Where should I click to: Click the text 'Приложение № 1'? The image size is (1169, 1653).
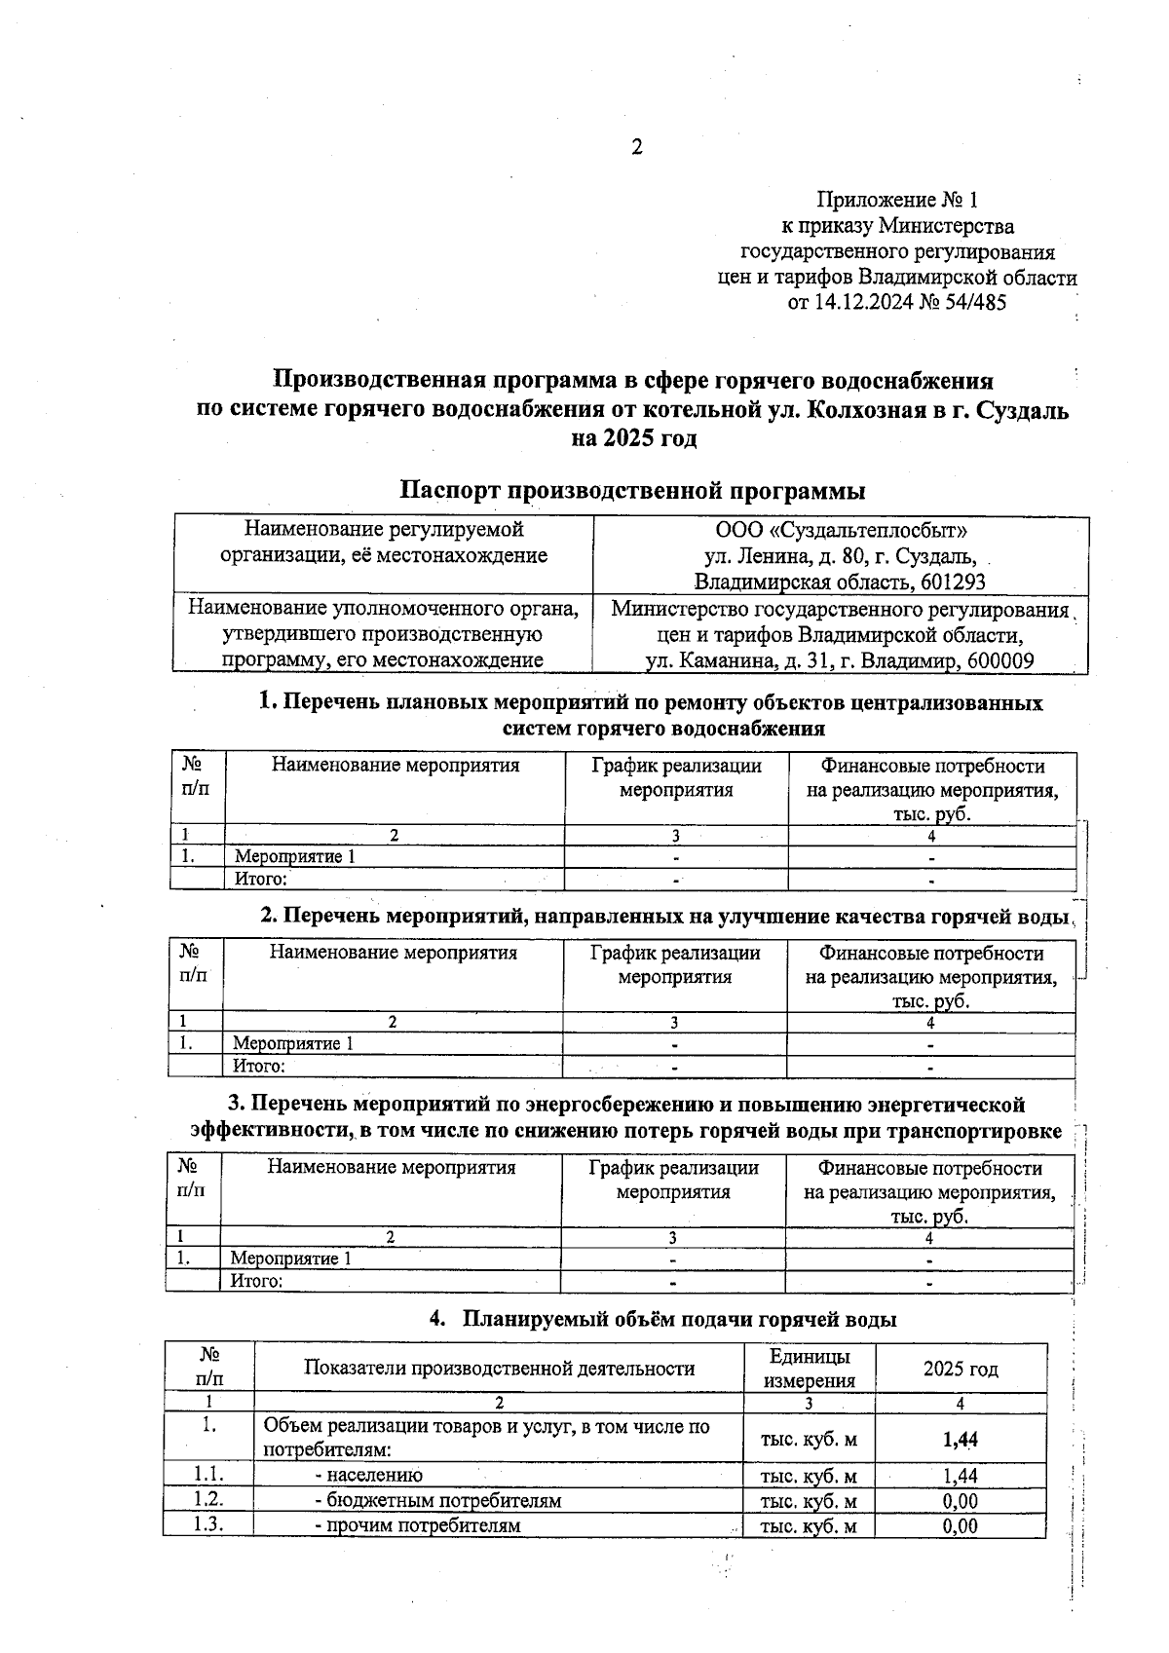coord(896,201)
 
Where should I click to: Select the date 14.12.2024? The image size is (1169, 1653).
coord(863,302)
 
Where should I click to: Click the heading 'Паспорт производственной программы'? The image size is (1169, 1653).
coord(633,490)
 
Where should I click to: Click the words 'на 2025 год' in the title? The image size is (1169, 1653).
coord(633,438)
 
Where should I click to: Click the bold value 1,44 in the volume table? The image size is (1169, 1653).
coord(961,1440)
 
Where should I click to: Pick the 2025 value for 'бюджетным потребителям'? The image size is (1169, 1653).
coord(961,1501)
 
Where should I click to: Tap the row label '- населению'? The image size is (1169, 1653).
coord(368,1476)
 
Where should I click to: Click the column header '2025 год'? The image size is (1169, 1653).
coord(961,1369)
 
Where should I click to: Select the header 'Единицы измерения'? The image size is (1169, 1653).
coord(809,1369)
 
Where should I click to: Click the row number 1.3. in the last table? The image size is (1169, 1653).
coord(208,1525)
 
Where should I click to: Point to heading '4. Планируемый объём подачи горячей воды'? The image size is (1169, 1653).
coord(662,1320)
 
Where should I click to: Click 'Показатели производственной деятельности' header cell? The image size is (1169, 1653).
coord(499,1369)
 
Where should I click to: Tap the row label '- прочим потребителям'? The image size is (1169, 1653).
coord(417,1525)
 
